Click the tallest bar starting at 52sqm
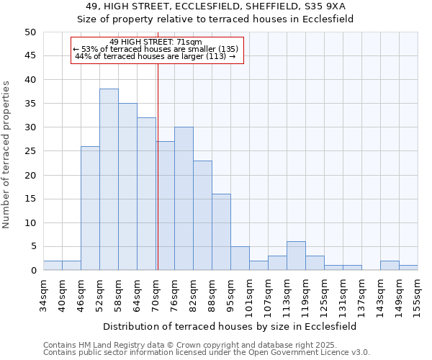tap(109, 179)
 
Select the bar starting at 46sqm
tap(90, 208)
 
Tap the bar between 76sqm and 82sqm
tap(184, 199)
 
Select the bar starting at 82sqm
tap(202, 215)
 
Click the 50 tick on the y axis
tap(30, 32)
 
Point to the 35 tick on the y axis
tap(30, 104)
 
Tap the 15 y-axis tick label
tap(30, 199)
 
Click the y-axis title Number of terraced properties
tap(6, 154)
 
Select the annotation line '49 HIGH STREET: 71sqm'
tap(156, 42)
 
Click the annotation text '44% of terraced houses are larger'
tap(155, 56)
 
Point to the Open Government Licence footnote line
tap(206, 352)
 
